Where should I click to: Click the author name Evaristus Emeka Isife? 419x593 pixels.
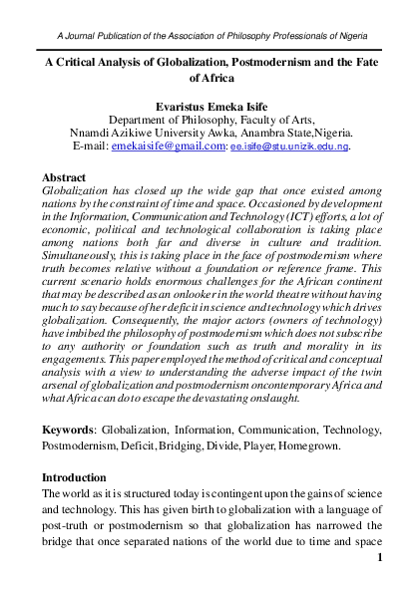[209, 102]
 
